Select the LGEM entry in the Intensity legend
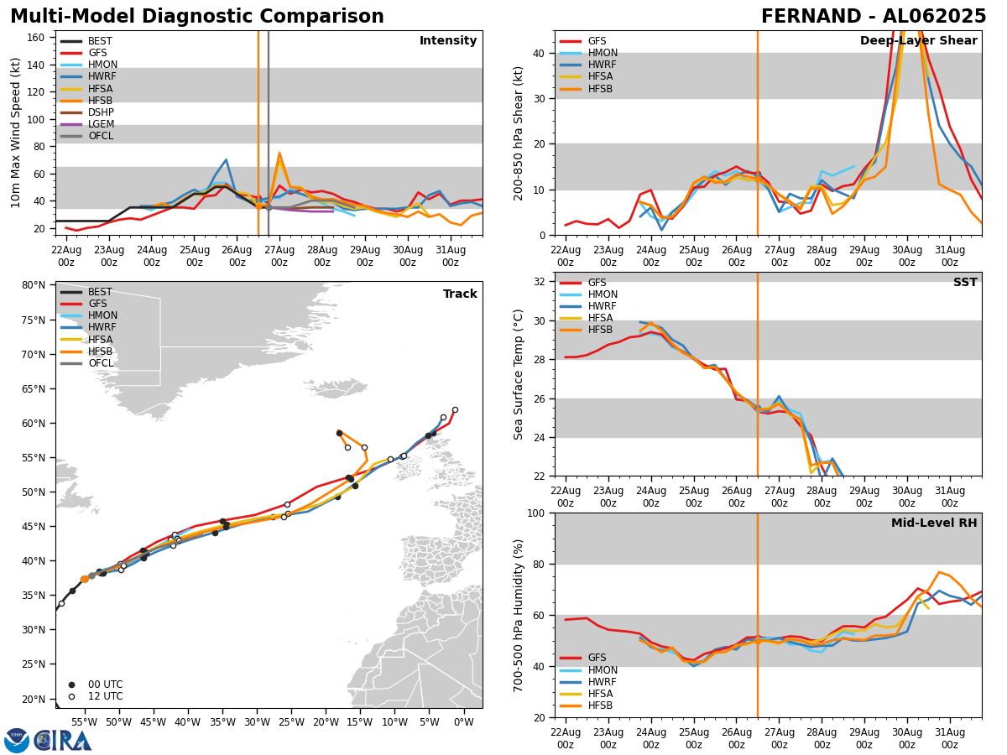coord(101,124)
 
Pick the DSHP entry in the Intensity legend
coord(101,112)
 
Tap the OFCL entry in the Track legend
coord(101,363)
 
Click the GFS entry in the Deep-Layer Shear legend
coord(597,41)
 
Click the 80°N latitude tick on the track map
coord(34,285)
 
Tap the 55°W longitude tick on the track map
coord(84,721)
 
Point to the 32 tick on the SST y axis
coord(540,282)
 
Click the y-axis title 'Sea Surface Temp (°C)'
coord(519,374)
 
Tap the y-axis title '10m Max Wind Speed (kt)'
coord(15,133)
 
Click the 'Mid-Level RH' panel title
coord(934,523)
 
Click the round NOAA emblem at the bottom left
coord(17,740)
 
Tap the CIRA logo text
coord(63,740)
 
